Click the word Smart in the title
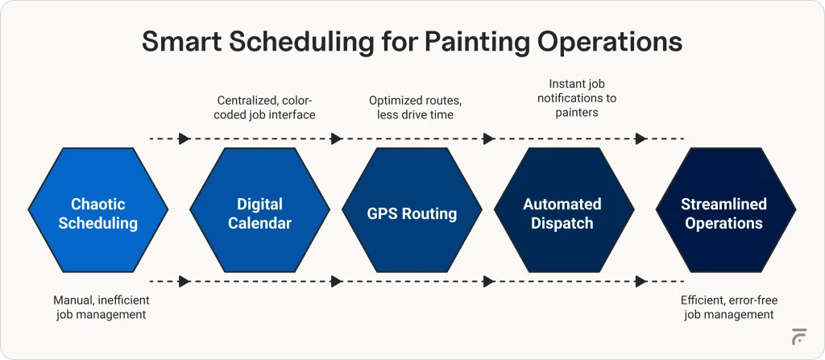[x=181, y=43]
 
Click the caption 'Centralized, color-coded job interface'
[x=265, y=108]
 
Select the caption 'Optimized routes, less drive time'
[x=412, y=108]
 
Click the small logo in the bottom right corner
[x=799, y=337]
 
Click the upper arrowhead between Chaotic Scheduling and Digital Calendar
[x=184, y=139]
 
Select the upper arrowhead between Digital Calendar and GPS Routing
[x=338, y=139]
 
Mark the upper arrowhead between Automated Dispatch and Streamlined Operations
[x=641, y=139]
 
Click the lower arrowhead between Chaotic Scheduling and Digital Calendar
[x=184, y=282]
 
